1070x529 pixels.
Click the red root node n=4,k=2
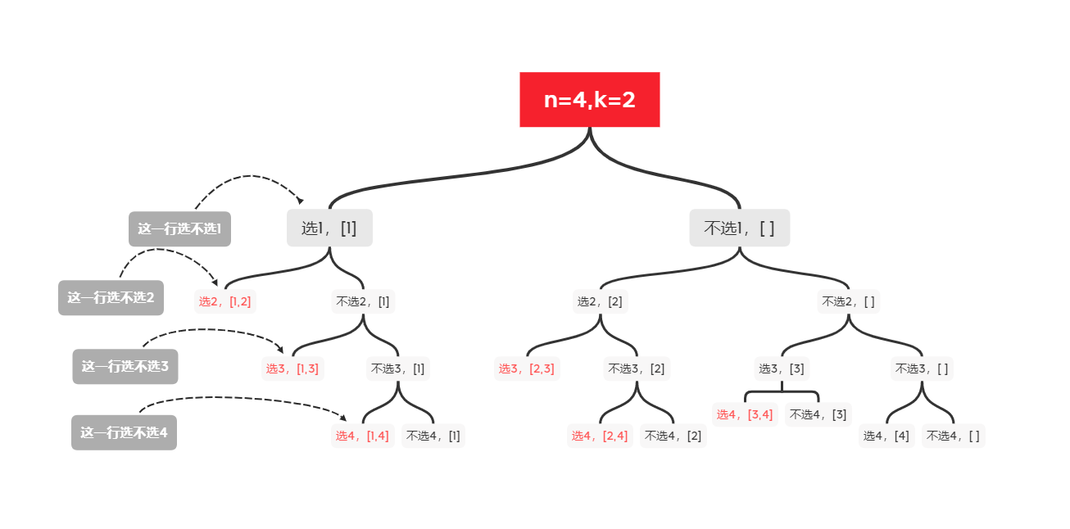point(589,100)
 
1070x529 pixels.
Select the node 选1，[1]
point(329,228)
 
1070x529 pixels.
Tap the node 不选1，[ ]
point(739,228)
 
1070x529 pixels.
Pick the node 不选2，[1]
point(362,301)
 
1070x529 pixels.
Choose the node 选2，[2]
point(600,301)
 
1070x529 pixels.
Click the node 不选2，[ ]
point(848,301)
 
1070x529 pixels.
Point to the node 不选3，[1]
point(397,368)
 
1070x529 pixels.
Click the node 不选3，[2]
point(637,368)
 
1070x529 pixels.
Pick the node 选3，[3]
point(782,368)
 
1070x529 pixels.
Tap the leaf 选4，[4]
point(886,436)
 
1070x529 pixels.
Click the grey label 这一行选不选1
point(179,229)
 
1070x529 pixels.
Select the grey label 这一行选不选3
point(125,367)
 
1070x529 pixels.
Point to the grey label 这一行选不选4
point(124,432)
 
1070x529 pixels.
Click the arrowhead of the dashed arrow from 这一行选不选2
point(215,283)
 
